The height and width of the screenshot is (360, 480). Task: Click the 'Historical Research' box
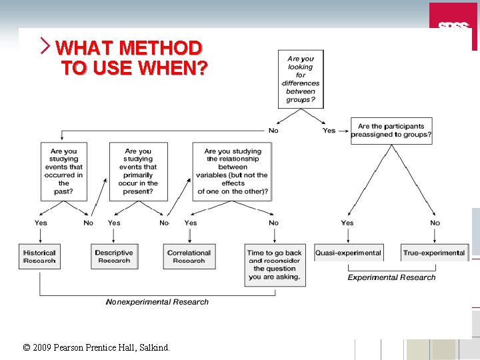(x=39, y=257)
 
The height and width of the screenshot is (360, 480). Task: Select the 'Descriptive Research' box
(x=114, y=257)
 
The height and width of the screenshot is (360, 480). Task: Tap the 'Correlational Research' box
(x=189, y=257)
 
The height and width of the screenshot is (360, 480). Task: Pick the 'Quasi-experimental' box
(x=349, y=253)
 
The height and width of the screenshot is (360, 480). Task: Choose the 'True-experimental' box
(x=434, y=253)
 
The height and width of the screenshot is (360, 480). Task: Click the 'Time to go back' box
(x=275, y=265)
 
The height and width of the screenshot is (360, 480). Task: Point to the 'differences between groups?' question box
(x=301, y=79)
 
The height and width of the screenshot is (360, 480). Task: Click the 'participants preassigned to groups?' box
(x=391, y=131)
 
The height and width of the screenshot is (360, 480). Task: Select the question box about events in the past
(x=64, y=171)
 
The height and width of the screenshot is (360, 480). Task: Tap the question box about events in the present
(x=138, y=171)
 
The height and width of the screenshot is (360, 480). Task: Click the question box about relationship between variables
(x=233, y=171)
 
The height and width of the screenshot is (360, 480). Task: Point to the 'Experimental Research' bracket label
(x=391, y=277)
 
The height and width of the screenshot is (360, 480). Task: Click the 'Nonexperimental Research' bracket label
(x=157, y=302)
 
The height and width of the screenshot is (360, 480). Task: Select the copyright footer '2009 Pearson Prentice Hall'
(x=96, y=347)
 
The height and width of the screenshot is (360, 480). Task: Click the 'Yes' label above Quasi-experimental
(x=347, y=223)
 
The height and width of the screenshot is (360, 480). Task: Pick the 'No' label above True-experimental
(x=435, y=223)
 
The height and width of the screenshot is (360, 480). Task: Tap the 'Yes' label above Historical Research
(x=41, y=223)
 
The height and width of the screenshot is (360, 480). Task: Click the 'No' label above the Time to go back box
(x=273, y=223)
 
